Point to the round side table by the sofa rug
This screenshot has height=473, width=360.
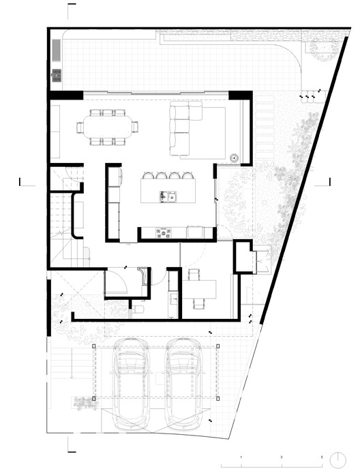235,157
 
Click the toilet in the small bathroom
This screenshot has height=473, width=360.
139,310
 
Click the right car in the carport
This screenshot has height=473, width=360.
184,382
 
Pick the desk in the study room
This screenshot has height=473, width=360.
200,286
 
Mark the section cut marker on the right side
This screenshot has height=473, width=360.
329,182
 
